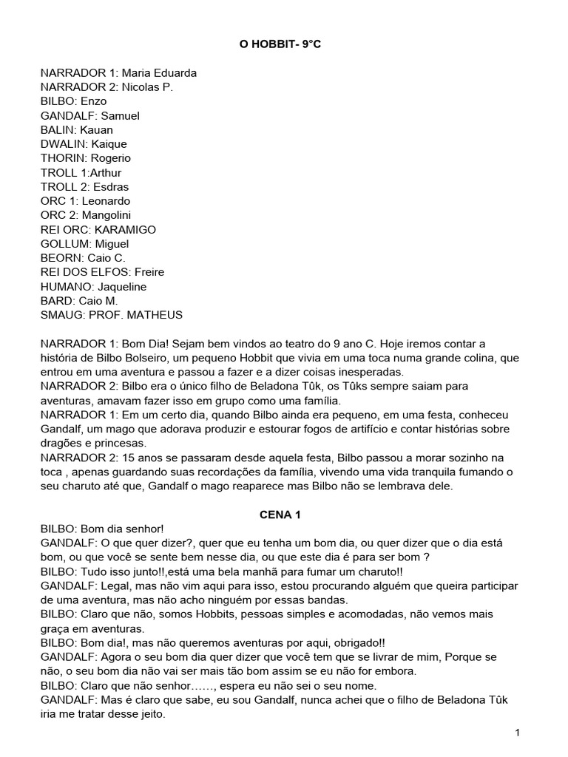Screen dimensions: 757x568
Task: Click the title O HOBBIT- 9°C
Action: [x=283, y=45]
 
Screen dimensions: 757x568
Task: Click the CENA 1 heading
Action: [x=283, y=515]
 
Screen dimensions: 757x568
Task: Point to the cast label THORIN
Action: [x=63, y=158]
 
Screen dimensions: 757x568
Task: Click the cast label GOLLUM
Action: [x=64, y=244]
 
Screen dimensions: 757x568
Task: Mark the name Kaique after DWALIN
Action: [x=109, y=144]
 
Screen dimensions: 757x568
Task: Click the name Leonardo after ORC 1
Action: [x=106, y=201]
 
